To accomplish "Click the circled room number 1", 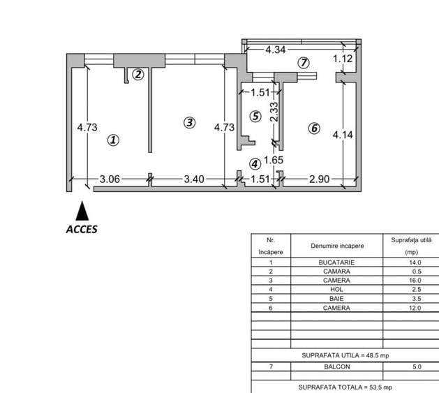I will click(x=114, y=140).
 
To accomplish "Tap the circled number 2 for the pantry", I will click(x=138, y=74).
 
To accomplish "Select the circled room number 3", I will click(x=189, y=122).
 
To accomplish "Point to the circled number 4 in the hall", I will click(x=255, y=164).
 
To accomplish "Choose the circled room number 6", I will click(x=314, y=128).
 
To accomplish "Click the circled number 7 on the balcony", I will click(x=303, y=62).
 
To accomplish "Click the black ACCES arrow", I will click(x=82, y=212).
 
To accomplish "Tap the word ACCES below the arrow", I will click(x=82, y=229).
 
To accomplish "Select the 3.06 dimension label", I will click(x=110, y=179).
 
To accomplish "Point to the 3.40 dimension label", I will click(x=193, y=179).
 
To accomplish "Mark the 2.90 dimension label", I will click(x=319, y=179).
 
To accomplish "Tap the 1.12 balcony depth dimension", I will click(x=342, y=59).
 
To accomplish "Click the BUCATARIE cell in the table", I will click(x=336, y=262).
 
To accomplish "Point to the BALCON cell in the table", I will click(x=336, y=366).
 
